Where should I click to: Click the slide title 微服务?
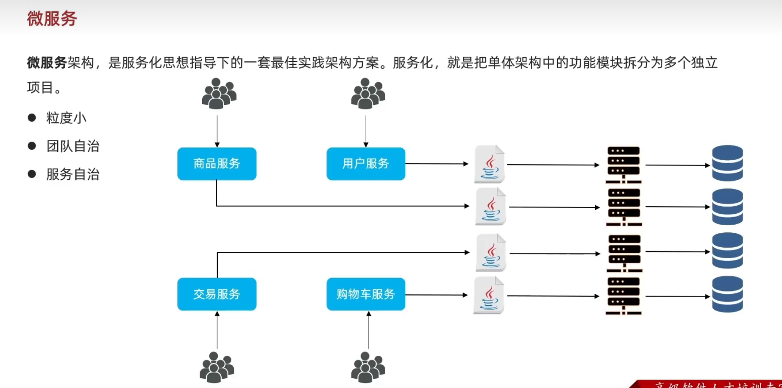coord(52,19)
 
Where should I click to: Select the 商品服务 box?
coord(217,164)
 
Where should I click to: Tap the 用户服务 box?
coord(365,164)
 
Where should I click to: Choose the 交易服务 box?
coord(217,294)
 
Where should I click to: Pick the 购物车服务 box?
coord(365,294)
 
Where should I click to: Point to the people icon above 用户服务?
coord(367,94)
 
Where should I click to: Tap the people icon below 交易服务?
coord(217,367)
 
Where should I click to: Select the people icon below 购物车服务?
coord(367,367)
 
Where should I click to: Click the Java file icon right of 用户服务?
coord(490,164)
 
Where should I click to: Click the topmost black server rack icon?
coord(623,165)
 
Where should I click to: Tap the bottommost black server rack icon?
coord(623,296)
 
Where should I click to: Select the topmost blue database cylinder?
coord(727,163)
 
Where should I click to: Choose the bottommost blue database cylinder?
coord(727,294)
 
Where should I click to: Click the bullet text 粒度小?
coord(66,118)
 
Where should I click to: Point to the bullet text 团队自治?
coord(72,146)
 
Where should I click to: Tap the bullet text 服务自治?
coord(72,174)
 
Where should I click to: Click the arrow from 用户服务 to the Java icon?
coord(437,164)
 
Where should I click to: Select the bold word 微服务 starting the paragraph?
coord(47,63)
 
